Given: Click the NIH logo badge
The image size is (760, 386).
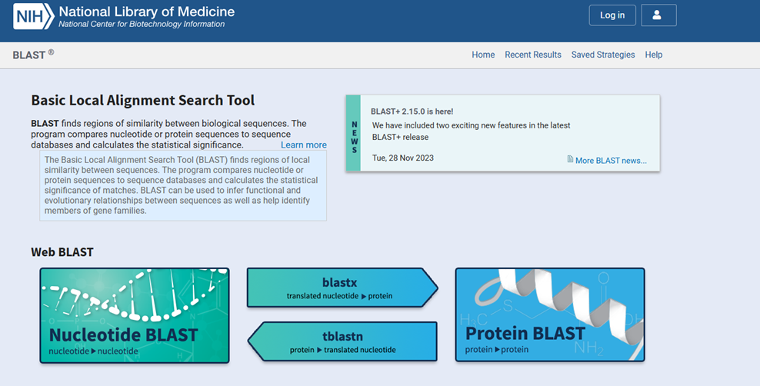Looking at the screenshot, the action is (x=33, y=16).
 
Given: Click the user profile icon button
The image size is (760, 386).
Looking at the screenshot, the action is (x=658, y=15).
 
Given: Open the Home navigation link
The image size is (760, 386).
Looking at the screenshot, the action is (x=483, y=55).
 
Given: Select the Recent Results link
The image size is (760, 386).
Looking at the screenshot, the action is (x=532, y=55).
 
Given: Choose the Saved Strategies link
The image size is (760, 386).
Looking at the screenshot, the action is (x=603, y=55).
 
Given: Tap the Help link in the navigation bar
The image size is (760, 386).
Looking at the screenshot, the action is (x=653, y=55).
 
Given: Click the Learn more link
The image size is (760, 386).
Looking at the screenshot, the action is (x=303, y=145).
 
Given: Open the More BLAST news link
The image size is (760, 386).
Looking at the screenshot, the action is (x=611, y=160).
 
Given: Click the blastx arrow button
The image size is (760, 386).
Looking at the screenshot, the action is (x=342, y=288).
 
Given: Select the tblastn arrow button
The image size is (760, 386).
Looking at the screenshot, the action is (x=342, y=341).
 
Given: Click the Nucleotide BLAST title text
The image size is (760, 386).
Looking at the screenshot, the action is (x=123, y=334).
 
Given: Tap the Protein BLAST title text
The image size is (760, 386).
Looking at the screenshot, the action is (x=525, y=333).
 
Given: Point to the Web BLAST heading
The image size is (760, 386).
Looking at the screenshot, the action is (x=62, y=252).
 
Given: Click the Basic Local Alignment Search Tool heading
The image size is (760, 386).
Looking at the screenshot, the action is (x=142, y=100).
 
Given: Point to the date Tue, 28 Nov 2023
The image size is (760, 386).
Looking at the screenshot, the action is (x=403, y=158).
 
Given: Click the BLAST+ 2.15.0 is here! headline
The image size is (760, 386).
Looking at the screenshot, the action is (x=412, y=111).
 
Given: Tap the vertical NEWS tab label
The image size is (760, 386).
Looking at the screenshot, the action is (x=355, y=137).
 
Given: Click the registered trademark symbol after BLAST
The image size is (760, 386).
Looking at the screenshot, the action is (x=51, y=52).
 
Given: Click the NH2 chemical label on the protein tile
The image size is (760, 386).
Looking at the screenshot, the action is (x=588, y=348).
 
